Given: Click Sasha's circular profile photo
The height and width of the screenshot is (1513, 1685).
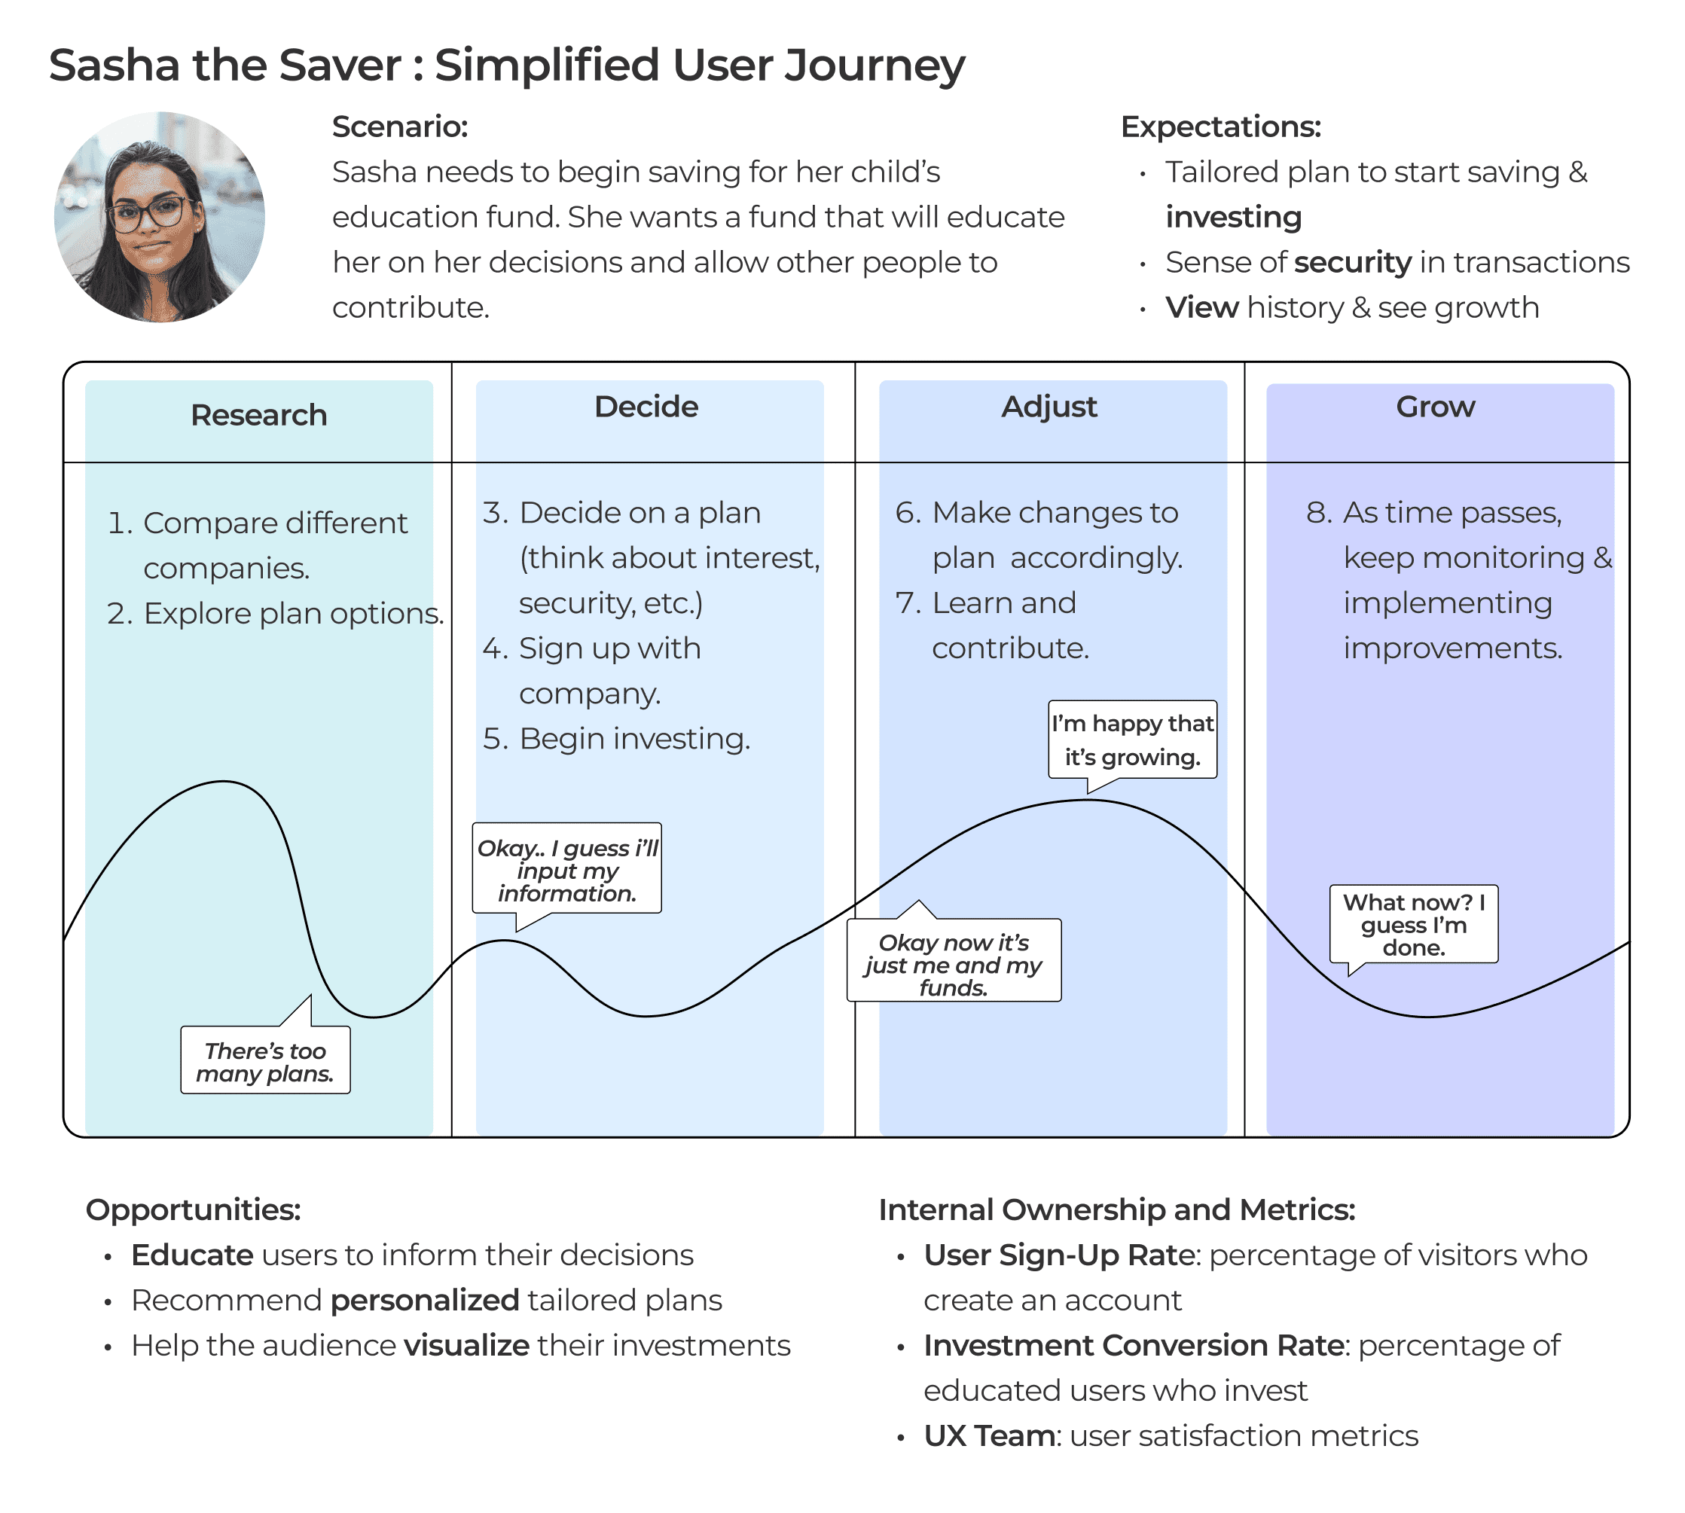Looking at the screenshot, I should click(x=160, y=217).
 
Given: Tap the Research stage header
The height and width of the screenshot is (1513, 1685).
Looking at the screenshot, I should click(x=258, y=415).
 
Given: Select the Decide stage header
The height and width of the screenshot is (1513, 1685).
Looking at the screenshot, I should click(x=646, y=407).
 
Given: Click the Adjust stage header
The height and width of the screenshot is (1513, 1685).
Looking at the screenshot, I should click(x=1049, y=407).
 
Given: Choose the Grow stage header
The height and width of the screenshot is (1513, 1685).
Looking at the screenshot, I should click(x=1436, y=407).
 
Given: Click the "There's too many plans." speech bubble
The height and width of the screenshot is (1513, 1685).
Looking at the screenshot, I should click(x=265, y=1062).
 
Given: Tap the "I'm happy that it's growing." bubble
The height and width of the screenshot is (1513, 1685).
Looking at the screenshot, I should click(x=1132, y=740).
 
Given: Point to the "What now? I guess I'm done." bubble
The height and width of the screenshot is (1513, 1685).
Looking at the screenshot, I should click(x=1413, y=924).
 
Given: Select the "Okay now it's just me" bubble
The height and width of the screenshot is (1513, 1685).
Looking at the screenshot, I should click(x=954, y=964).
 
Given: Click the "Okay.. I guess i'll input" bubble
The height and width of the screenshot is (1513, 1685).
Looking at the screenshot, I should click(x=567, y=870).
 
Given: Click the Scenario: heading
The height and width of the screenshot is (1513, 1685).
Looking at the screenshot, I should click(x=400, y=127).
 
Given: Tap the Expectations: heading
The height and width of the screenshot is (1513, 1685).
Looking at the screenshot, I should click(x=1220, y=127).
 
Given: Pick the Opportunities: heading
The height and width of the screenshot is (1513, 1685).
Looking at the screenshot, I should click(x=193, y=1209).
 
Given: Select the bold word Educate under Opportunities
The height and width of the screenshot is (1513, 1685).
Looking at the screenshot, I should click(x=192, y=1255).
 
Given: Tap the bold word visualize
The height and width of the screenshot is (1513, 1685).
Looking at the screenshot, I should click(x=466, y=1346).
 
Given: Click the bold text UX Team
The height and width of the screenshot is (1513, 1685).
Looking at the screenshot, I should click(x=989, y=1436).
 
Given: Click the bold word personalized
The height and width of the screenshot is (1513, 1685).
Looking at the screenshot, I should click(x=425, y=1300).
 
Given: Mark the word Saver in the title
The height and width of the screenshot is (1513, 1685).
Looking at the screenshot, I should click(x=340, y=65).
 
